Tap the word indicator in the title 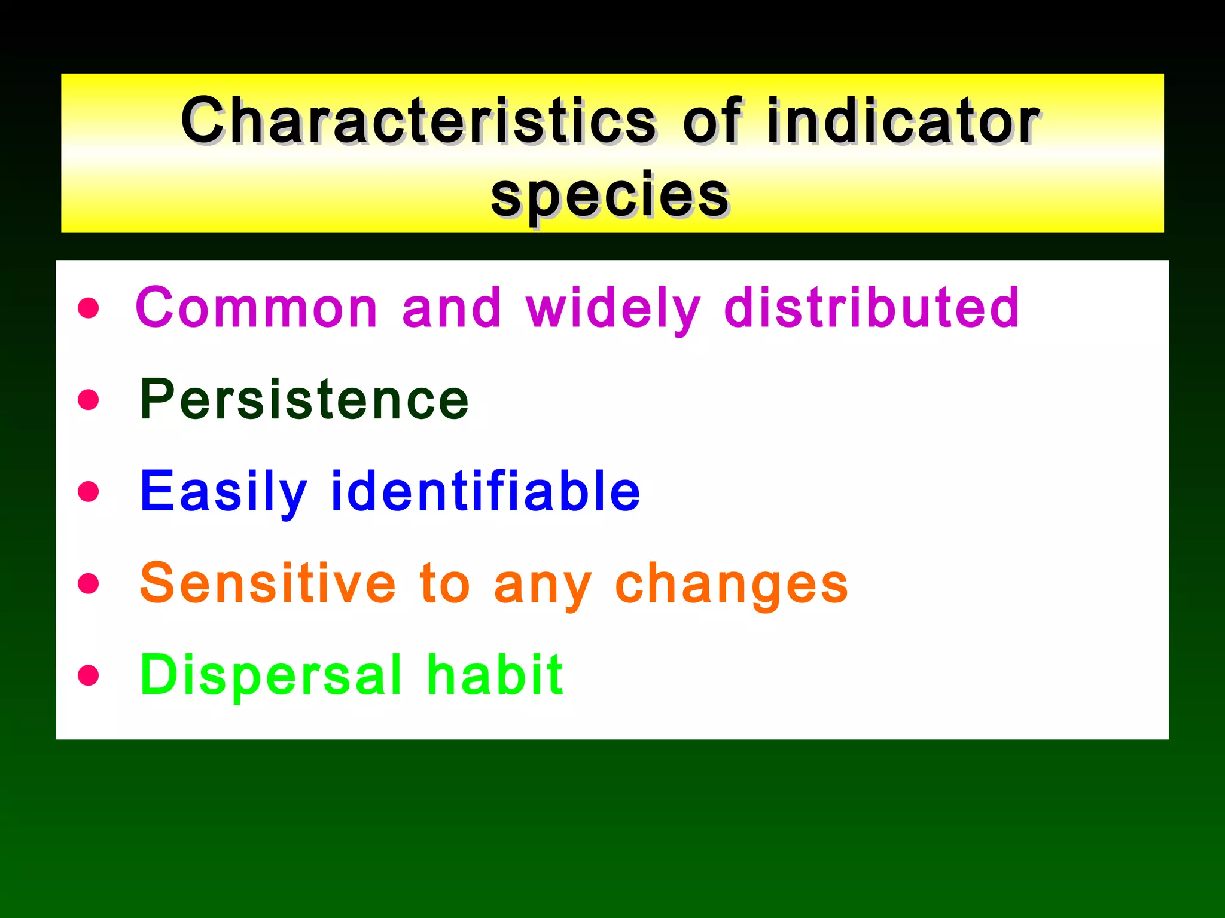pyautogui.click(x=903, y=121)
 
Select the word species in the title pyautogui.click(x=610, y=195)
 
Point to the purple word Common pyautogui.click(x=257, y=307)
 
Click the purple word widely pyautogui.click(x=613, y=308)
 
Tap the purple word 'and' pyautogui.click(x=452, y=307)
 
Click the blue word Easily pyautogui.click(x=224, y=492)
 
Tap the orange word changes pyautogui.click(x=731, y=585)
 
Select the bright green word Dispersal pyautogui.click(x=271, y=676)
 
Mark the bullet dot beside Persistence pyautogui.click(x=89, y=400)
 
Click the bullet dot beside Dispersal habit pyautogui.click(x=89, y=675)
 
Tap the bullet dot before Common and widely pyautogui.click(x=89, y=308)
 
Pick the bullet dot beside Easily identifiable pyautogui.click(x=89, y=491)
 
